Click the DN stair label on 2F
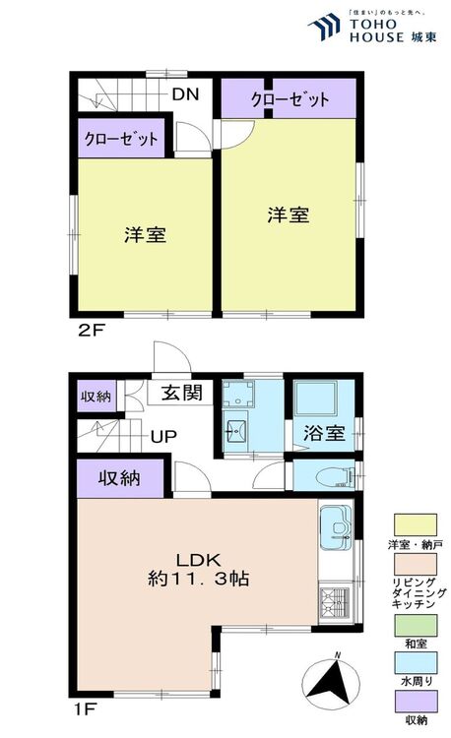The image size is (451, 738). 185,94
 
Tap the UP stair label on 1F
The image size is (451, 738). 163,436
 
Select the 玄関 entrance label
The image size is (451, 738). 182,393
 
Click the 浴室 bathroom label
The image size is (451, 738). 324,433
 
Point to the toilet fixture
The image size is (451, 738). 335,477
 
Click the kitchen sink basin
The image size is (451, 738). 336,526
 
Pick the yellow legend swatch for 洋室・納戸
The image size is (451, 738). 416,524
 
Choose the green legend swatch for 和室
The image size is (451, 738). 416,625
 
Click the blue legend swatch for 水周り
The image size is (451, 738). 416,662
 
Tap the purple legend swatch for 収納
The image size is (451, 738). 416,702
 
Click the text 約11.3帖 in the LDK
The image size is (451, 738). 198,579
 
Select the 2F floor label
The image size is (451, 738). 91,331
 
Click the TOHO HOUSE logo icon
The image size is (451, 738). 324,27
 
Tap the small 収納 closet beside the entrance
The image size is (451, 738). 97,396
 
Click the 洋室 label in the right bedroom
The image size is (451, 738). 289,215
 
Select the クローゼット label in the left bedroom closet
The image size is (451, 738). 121,139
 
